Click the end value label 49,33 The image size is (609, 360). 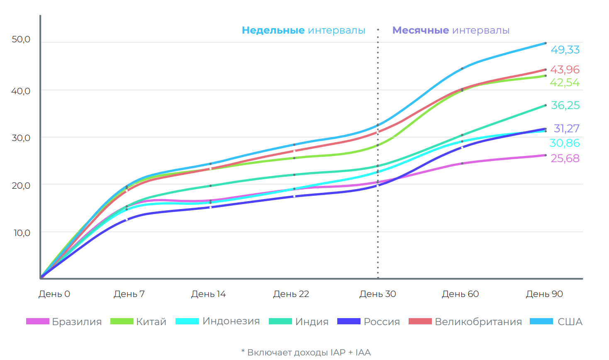(565, 50)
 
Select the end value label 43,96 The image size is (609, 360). (565, 69)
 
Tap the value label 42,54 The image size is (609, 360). (565, 83)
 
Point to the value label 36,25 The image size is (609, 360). (565, 105)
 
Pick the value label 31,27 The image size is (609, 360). (566, 129)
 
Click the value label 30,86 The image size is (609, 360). (565, 143)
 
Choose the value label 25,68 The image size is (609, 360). (565, 158)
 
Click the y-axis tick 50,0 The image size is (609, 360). (21, 39)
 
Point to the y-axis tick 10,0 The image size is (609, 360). (22, 233)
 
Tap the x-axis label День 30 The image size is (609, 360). (378, 294)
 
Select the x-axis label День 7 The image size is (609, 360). (129, 294)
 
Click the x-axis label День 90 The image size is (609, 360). (544, 294)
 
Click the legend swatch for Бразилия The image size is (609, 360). (37, 321)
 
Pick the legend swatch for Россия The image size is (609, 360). (348, 321)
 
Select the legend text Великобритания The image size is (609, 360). (478, 322)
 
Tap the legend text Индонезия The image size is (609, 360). (231, 321)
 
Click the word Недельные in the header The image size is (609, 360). (273, 30)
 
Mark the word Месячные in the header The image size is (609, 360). (421, 30)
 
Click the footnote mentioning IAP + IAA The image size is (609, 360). (306, 352)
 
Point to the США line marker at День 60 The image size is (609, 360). (462, 68)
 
